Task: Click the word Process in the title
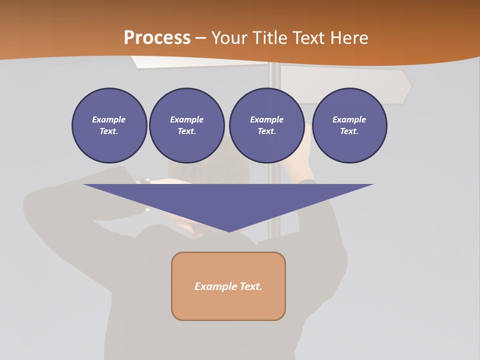[157, 38]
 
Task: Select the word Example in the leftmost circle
[109, 119]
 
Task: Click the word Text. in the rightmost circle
[349, 131]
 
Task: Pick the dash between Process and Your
[201, 38]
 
